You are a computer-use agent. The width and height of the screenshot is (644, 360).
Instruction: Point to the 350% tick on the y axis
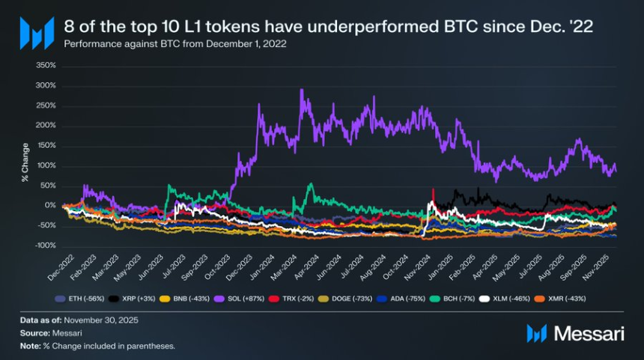tap(46, 66)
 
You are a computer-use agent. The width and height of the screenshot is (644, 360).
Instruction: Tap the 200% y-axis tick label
tap(46, 126)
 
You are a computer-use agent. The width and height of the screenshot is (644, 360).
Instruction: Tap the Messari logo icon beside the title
tap(37, 33)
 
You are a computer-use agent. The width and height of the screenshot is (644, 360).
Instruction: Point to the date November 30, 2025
tap(97, 320)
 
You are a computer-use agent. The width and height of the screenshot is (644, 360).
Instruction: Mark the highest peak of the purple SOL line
tap(301, 91)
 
